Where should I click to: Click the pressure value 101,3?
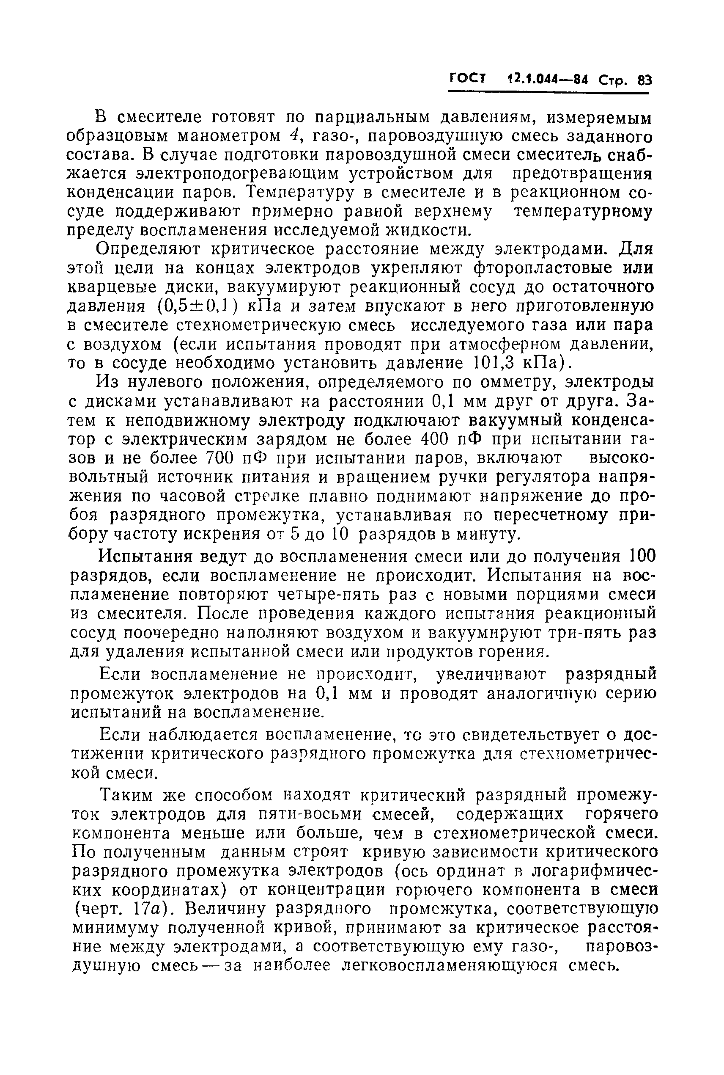492,364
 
